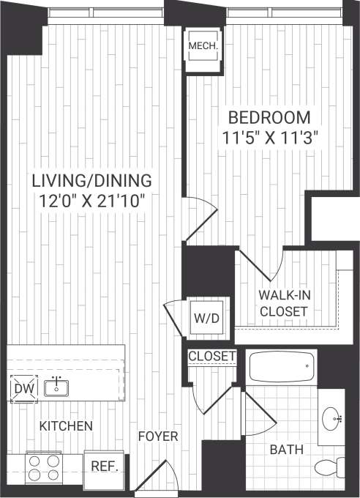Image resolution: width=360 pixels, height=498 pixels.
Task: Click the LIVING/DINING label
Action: tap(91, 180)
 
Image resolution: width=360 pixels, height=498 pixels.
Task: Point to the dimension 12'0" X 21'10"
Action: tap(91, 200)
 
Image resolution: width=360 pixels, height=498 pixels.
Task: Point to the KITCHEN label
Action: tap(66, 425)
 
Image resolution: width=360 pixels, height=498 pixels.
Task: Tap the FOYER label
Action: tap(159, 436)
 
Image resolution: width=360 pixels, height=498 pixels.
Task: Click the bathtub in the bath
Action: tap(282, 366)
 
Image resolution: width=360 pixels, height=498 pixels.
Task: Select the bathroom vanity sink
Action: tap(333, 418)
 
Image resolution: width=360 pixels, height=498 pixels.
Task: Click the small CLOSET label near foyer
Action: tap(212, 357)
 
